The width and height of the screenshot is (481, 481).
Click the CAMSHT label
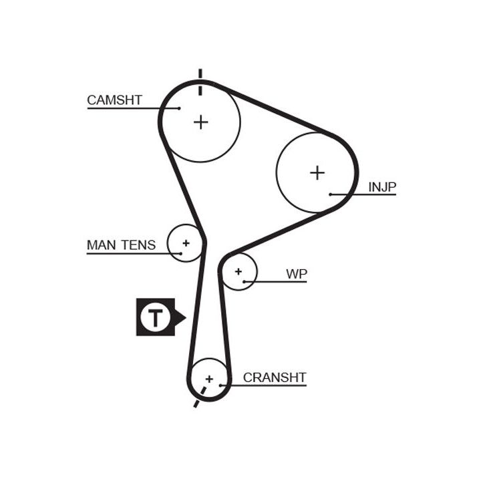pyautogui.click(x=114, y=100)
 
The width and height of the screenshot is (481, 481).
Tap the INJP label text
pyautogui.click(x=382, y=187)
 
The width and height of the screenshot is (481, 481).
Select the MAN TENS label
pyautogui.click(x=121, y=245)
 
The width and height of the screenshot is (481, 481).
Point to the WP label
pyautogui.click(x=297, y=274)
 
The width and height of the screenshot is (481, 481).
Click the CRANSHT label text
pyautogui.click(x=274, y=377)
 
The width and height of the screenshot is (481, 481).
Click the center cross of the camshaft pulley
pyautogui.click(x=200, y=122)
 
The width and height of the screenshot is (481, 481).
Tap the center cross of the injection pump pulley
pyautogui.click(x=317, y=173)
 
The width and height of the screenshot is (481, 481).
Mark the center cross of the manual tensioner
pyautogui.click(x=186, y=243)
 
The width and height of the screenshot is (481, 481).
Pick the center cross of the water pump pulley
pyautogui.click(x=238, y=272)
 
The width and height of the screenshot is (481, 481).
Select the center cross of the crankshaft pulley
pyautogui.click(x=209, y=379)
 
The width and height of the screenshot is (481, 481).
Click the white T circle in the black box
pyautogui.click(x=155, y=317)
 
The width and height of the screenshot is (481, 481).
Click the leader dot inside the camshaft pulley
pyautogui.click(x=180, y=108)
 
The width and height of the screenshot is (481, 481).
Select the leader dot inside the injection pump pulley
pyautogui.click(x=330, y=194)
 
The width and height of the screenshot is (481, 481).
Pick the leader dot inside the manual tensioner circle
pyautogui.click(x=181, y=253)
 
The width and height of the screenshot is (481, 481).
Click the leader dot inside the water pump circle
pyautogui.click(x=245, y=282)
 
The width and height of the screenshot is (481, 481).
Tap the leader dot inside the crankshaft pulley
pyautogui.click(x=220, y=385)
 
